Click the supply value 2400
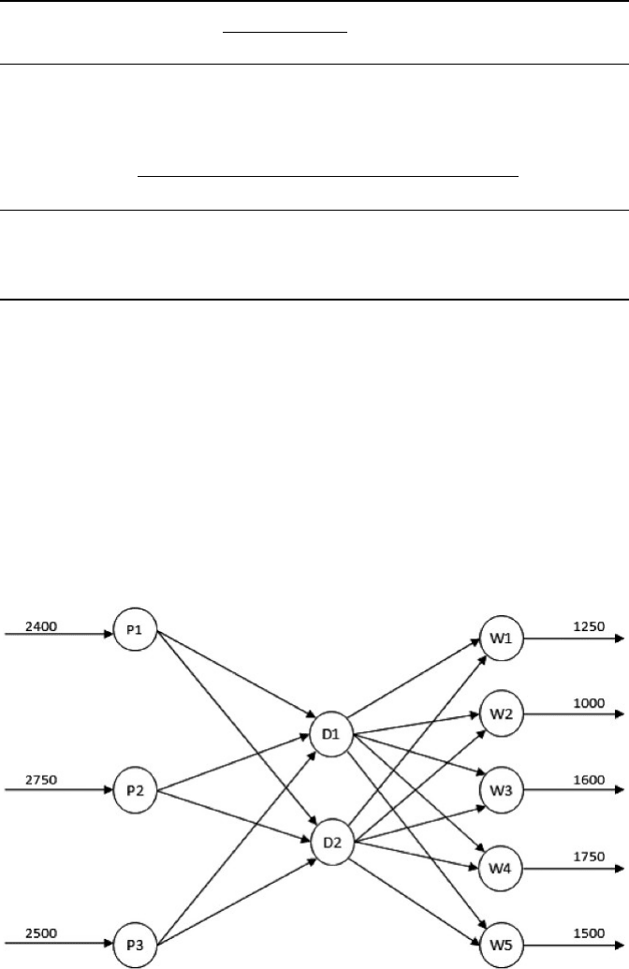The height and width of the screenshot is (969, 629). point(41,626)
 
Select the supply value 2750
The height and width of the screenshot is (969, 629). point(41,780)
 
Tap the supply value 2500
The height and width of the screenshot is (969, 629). point(41,933)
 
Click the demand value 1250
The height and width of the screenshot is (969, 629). point(589,626)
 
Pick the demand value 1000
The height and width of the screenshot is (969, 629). point(589,703)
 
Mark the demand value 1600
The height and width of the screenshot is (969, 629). point(589,780)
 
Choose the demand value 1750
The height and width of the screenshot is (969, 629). point(589,858)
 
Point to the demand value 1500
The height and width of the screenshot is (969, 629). point(589,933)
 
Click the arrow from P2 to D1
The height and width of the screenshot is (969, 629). point(233,762)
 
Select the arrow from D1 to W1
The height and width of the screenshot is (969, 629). point(414,678)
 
